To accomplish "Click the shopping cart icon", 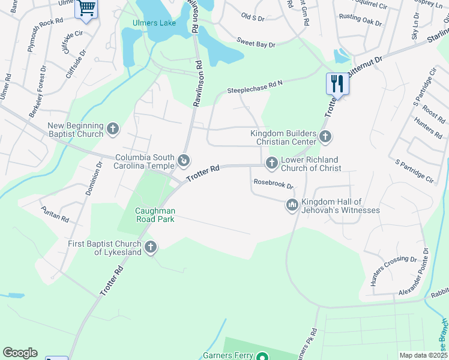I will (x=86, y=8).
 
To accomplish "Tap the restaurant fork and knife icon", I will (x=337, y=83).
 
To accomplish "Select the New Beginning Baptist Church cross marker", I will (x=113, y=129).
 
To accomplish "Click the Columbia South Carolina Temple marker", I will (x=184, y=160).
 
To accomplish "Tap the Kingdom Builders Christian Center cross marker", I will (x=325, y=137).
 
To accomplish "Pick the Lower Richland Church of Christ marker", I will (x=271, y=163).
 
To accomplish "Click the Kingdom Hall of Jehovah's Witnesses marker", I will (x=292, y=205).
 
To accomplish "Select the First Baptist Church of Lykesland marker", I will (x=151, y=247).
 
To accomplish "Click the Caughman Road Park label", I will (x=155, y=215).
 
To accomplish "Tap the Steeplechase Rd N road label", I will (x=255, y=88).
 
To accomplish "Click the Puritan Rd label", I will (x=55, y=212).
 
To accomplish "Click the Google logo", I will (x=20, y=353).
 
